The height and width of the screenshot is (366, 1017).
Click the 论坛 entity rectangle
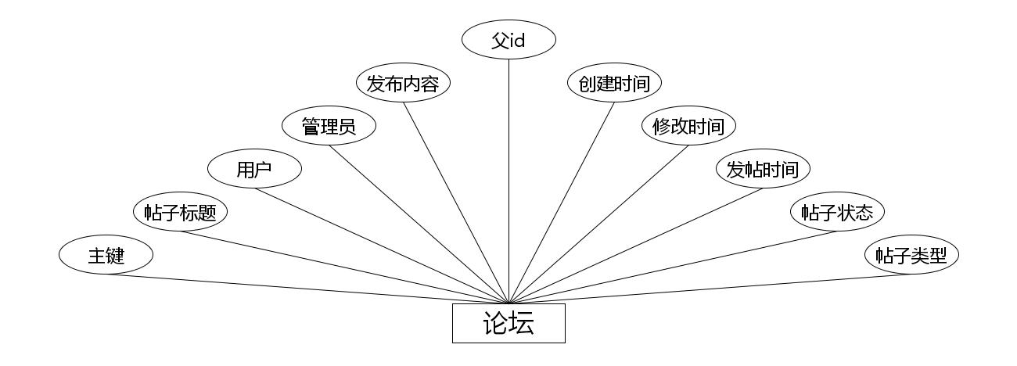pos(508,323)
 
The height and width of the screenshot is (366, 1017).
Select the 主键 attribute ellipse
pos(106,256)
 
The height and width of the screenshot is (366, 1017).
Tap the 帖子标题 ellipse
pos(180,212)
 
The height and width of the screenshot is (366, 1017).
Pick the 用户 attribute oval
pos(254,169)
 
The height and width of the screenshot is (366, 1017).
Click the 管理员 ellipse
pos(329,126)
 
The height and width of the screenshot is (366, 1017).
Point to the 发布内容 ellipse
pos(403,83)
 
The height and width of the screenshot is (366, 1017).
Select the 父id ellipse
pos(508,40)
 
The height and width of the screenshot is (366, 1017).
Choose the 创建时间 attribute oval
pos(614,83)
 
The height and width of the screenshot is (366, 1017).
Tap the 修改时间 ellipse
pos(688,126)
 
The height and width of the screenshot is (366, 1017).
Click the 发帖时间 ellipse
pos(763,169)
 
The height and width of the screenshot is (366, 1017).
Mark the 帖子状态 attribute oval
pos(837,212)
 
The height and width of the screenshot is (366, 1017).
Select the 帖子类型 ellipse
pos(911,256)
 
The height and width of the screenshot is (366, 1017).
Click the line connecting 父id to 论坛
pos(508,180)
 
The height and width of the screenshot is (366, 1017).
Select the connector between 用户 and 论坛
pos(381,245)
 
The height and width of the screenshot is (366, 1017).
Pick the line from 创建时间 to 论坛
pos(562,202)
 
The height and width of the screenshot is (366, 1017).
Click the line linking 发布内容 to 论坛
pos(455,202)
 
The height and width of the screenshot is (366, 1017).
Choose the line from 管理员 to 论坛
pos(419,223)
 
